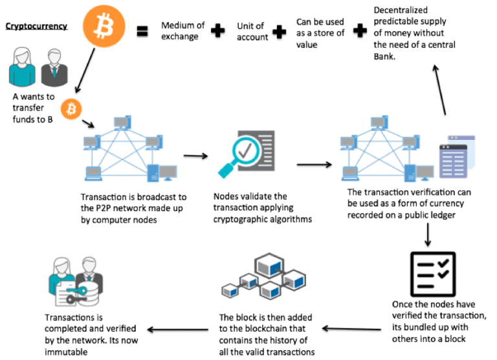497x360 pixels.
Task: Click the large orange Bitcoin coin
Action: click(104, 26)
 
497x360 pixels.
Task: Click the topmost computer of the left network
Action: click(121, 121)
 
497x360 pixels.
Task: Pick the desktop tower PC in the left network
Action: click(154, 173)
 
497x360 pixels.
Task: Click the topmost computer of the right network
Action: click(377, 121)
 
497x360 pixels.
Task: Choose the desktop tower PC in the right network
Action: click(410, 173)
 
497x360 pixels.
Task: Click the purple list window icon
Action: click(452, 161)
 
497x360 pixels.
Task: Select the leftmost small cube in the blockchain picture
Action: click(230, 289)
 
